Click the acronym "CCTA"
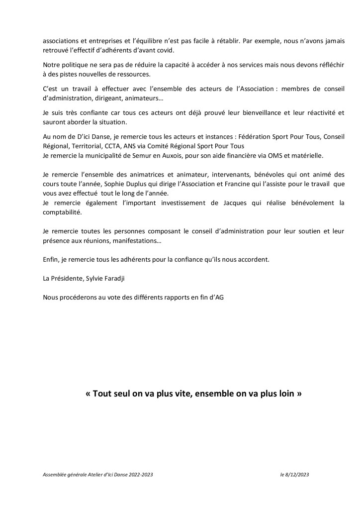point(113,146)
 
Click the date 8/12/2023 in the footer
point(298,475)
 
